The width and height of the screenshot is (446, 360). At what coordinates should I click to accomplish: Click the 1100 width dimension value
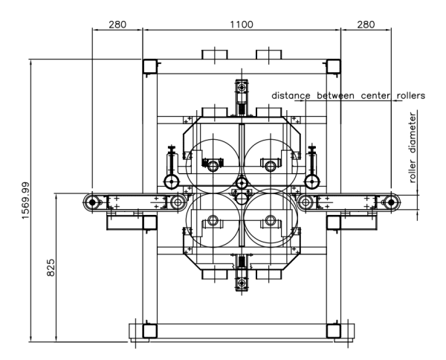tap(241, 25)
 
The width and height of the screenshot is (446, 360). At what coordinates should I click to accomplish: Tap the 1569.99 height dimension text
tap(25, 201)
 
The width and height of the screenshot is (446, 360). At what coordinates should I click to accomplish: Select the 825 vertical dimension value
tap(51, 268)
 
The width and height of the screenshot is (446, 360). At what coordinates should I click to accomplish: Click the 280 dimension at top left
tap(117, 25)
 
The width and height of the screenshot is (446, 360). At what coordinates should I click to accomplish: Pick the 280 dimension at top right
tap(366, 25)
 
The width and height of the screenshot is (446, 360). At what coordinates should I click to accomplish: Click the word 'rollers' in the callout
tap(411, 96)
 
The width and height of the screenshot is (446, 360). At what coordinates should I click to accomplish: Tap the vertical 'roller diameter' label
tap(413, 147)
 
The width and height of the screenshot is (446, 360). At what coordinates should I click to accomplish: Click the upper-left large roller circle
tap(213, 139)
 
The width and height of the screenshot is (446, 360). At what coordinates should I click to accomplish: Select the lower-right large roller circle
tap(271, 247)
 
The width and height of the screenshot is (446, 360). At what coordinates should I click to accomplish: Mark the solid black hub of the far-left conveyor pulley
tap(92, 202)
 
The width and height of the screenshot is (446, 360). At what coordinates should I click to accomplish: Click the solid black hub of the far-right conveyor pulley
tap(391, 202)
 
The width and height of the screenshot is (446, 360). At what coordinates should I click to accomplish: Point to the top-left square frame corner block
tap(149, 67)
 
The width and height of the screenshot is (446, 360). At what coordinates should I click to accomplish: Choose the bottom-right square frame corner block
tap(333, 331)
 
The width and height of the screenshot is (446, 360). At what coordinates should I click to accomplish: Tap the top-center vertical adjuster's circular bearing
tap(242, 86)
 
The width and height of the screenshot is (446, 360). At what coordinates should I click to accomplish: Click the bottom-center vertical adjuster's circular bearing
tap(242, 283)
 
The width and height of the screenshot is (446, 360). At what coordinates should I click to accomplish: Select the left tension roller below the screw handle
tap(172, 181)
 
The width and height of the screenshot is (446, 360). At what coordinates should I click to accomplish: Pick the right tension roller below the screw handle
tap(312, 181)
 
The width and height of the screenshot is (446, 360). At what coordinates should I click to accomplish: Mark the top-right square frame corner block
tap(333, 67)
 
